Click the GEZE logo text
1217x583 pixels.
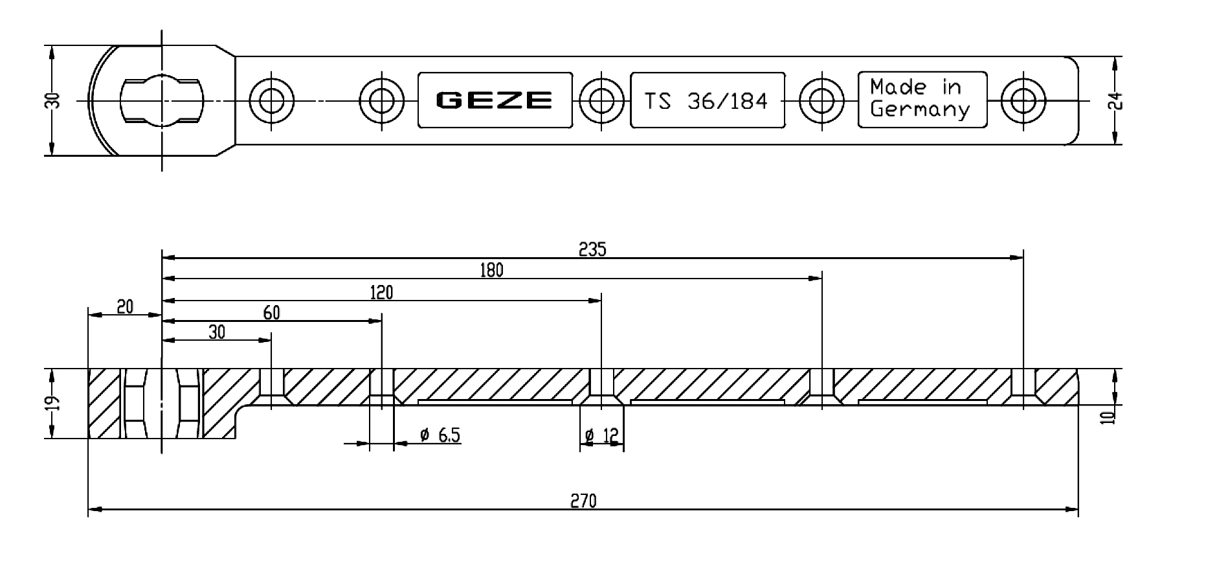(494, 100)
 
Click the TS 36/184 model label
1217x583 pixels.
(706, 100)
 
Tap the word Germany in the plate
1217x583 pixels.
(919, 109)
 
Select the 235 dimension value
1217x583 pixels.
(592, 249)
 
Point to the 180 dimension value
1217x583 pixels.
(491, 270)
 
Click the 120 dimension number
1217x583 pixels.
(381, 293)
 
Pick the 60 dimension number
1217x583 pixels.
(272, 313)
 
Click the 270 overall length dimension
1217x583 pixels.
(583, 501)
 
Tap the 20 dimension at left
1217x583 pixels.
(124, 306)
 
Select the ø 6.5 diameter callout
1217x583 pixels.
(440, 435)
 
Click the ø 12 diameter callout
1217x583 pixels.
(602, 437)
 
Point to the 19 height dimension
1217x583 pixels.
(54, 403)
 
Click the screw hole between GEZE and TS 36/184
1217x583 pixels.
(601, 100)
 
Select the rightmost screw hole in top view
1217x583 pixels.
(1023, 100)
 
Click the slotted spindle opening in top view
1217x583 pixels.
(161, 100)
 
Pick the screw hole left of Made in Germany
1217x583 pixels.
(821, 100)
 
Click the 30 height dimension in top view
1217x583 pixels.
(54, 100)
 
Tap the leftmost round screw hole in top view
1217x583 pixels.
(271, 100)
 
